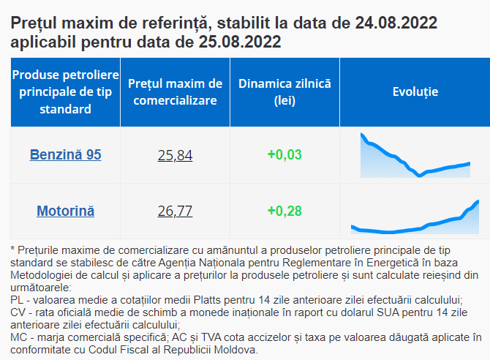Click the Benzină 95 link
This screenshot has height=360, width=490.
(65, 154)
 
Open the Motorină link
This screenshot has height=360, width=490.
(65, 211)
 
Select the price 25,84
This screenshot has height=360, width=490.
(175, 155)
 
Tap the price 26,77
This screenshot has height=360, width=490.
(175, 211)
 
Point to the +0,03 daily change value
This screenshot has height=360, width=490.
(284, 154)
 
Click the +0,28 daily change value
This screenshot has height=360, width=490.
(284, 211)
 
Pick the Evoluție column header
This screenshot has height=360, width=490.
(415, 91)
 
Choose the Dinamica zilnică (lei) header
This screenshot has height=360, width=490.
(284, 92)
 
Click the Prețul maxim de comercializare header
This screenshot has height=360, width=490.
(175, 92)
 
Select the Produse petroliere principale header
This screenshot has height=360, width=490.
(65, 92)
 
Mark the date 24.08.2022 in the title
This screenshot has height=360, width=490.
(396, 23)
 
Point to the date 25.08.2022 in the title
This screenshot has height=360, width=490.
(240, 42)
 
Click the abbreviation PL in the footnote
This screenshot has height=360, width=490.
(17, 300)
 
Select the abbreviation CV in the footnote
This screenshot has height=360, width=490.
(18, 312)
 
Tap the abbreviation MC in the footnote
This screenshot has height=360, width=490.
(18, 337)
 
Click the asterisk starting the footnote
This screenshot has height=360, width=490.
(12, 249)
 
